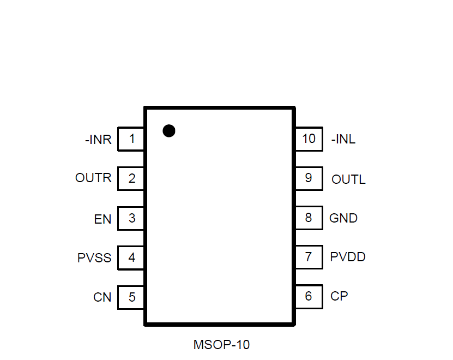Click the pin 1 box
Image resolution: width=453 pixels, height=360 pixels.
131,139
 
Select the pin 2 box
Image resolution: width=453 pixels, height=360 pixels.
131,178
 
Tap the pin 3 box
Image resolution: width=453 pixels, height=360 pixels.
131,218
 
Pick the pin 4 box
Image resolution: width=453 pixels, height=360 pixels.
131,257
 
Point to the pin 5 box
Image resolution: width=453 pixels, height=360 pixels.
131,297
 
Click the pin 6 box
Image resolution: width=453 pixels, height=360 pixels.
309,296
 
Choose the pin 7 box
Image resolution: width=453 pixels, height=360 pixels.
309,256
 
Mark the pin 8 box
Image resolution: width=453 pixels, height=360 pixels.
309,218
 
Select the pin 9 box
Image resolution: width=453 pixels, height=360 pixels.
309,178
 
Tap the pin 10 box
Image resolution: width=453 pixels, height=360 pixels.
309,139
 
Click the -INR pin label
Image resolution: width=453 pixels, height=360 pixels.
98,140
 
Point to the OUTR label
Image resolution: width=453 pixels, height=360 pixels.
93,178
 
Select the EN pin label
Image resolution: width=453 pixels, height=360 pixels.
102,219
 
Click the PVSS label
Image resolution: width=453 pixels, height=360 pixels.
94,258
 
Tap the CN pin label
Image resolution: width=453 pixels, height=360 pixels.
102,297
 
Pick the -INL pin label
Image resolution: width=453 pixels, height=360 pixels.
343,140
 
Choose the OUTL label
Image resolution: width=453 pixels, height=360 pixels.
348,179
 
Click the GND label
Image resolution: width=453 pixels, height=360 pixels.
343,218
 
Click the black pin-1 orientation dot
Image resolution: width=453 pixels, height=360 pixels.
169,130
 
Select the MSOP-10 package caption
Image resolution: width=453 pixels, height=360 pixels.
221,345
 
